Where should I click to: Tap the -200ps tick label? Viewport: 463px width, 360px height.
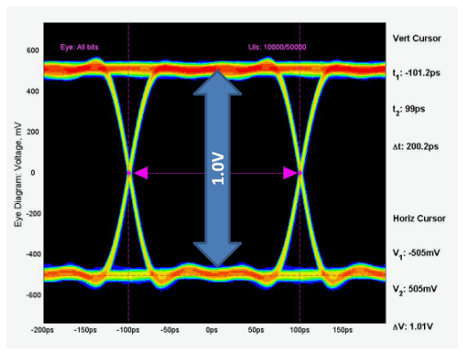coord(43,330)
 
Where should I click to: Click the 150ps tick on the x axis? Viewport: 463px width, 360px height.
coord(341,330)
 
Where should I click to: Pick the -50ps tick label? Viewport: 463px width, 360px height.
coord(169,330)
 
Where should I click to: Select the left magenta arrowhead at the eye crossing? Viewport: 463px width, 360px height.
coord(140,174)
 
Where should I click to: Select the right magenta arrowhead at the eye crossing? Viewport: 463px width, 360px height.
coord(289,174)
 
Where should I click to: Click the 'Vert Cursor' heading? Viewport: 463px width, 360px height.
coord(416,38)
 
